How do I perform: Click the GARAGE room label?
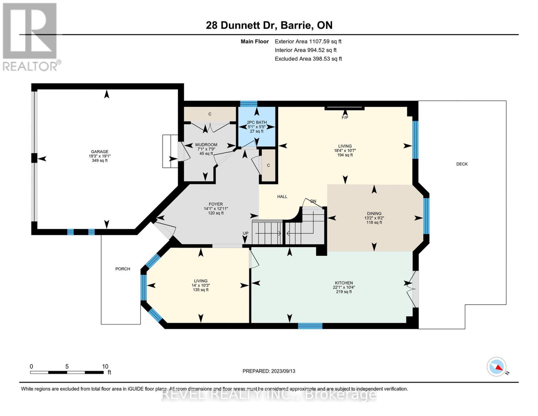[100, 151]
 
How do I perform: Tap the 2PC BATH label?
[257, 122]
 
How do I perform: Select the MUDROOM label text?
[206, 145]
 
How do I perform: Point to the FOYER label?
[216, 204]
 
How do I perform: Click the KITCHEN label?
[343, 283]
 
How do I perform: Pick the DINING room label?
[374, 214]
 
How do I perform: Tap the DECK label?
[462, 164]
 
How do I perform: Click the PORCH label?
[123, 269]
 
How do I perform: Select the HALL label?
[282, 197]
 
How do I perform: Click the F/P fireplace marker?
[345, 118]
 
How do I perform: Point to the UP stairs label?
[245, 233]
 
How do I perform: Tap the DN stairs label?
[313, 201]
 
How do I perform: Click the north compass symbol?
[497, 367]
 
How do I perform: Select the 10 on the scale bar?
[105, 366]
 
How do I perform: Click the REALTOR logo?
[30, 36]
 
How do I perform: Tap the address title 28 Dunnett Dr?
[269, 25]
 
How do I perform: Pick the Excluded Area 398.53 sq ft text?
[308, 59]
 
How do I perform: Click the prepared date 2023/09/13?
[269, 371]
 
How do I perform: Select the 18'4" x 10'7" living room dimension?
[345, 150]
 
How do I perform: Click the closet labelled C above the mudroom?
[210, 114]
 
